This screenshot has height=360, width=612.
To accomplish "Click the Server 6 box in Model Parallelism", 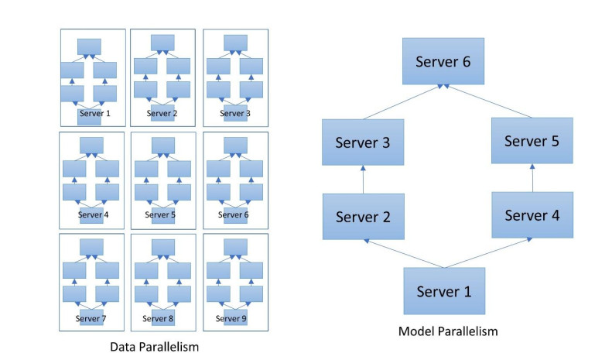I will click(443, 63).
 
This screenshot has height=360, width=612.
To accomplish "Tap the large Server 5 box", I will click(532, 140).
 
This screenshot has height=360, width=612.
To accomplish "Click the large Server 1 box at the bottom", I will click(443, 290).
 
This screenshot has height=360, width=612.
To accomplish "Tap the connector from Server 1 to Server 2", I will click(402, 254).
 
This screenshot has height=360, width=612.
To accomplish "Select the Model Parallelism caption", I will click(448, 331).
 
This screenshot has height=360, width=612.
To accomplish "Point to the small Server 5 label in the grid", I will click(162, 214).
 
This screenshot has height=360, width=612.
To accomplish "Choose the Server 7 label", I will click(91, 317).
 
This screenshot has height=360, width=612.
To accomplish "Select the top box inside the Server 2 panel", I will click(162, 42).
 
